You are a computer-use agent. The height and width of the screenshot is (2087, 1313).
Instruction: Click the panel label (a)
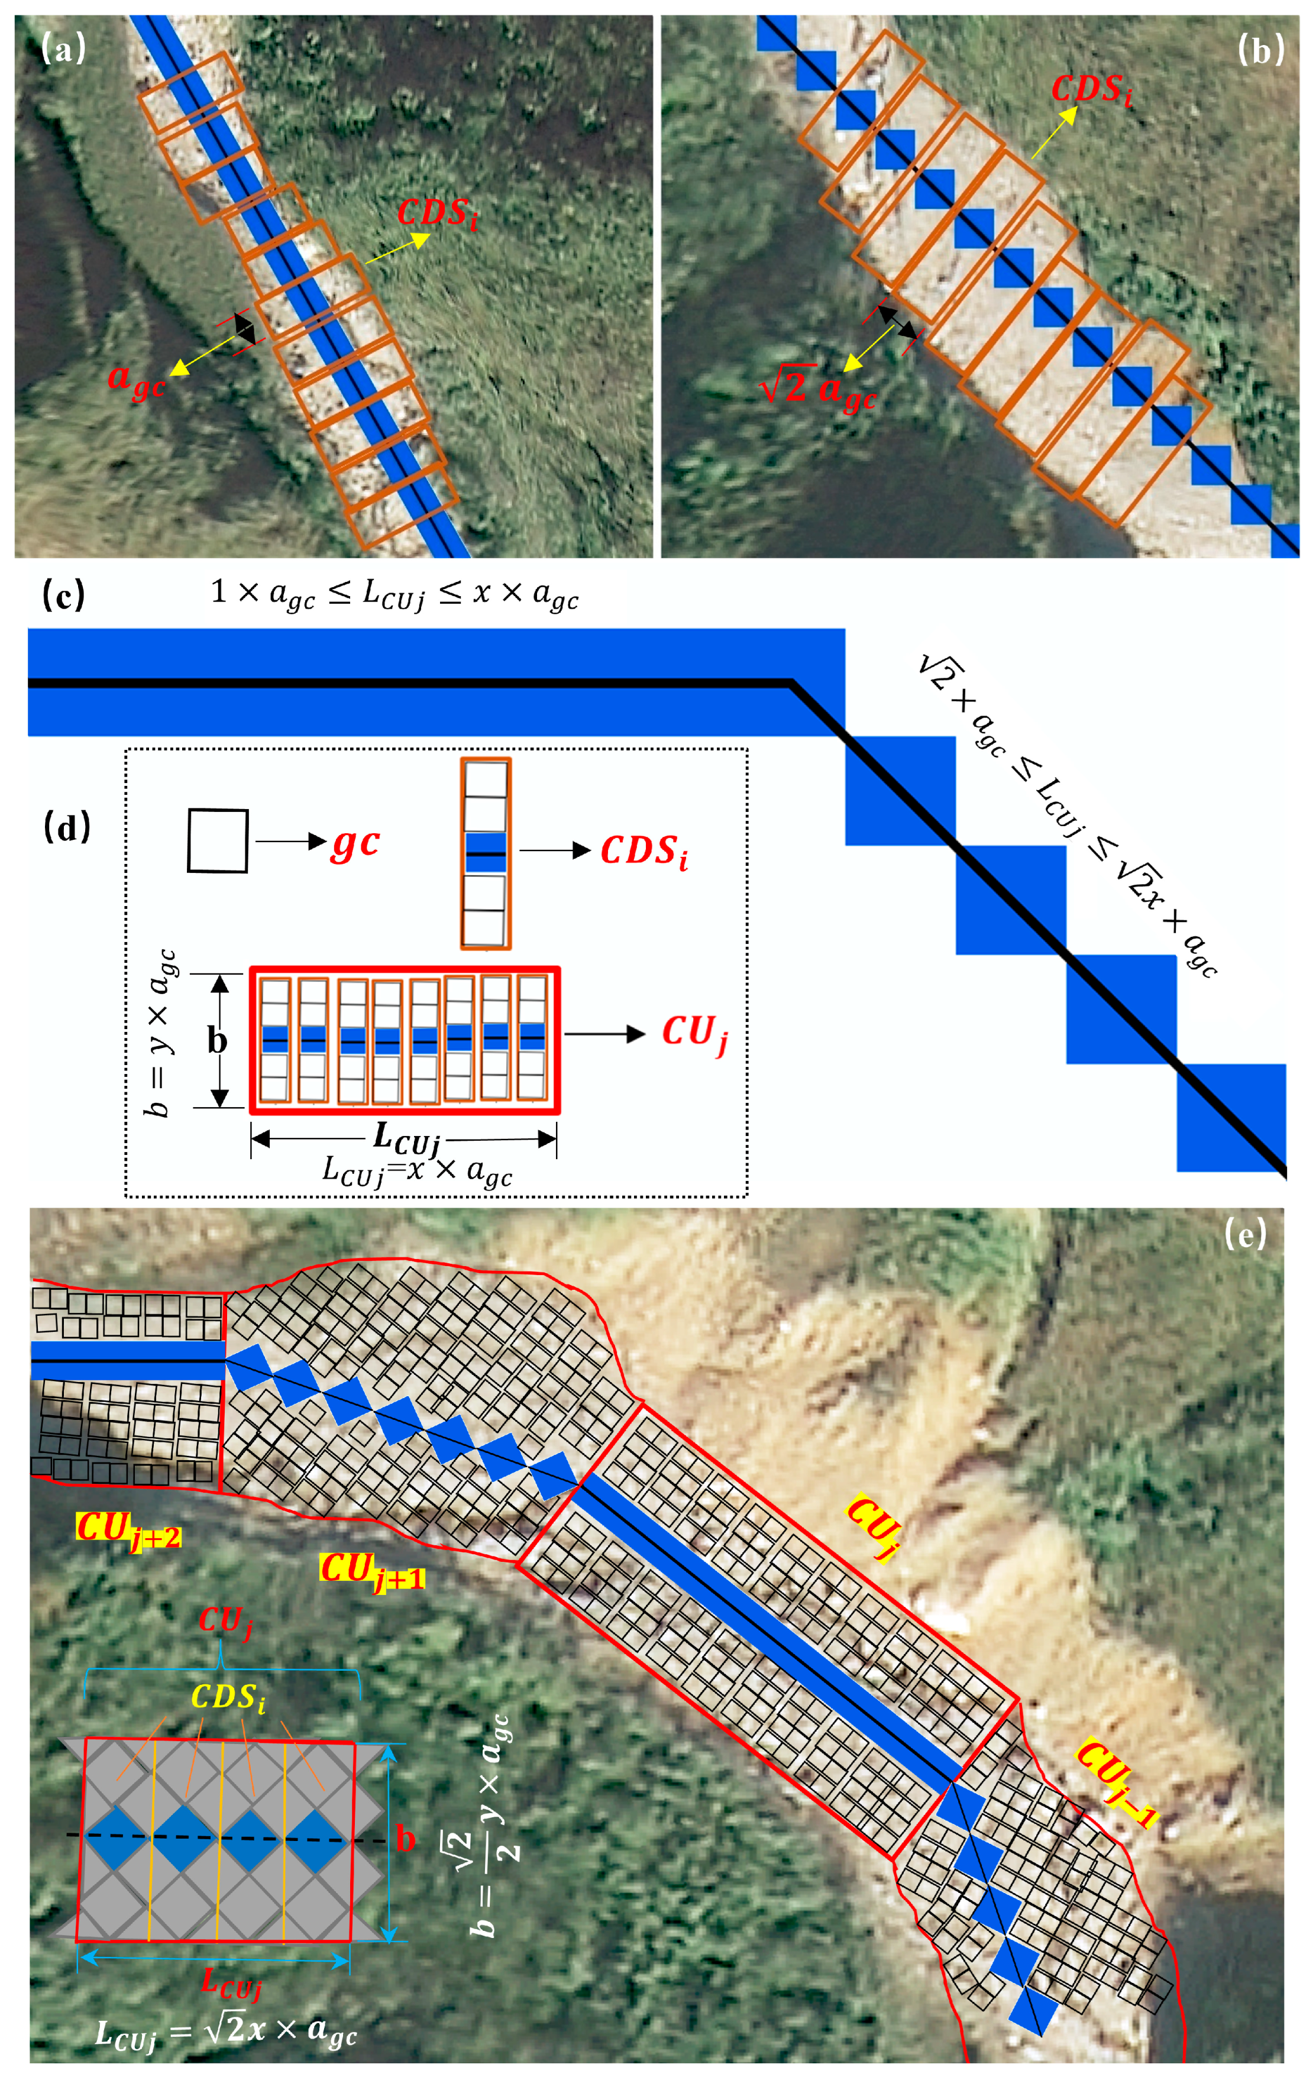coord(63,50)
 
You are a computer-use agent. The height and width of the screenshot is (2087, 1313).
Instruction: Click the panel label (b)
coord(1260,51)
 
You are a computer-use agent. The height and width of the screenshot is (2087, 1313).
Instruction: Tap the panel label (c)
coord(63,596)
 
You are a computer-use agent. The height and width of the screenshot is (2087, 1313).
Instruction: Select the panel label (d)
coord(67,829)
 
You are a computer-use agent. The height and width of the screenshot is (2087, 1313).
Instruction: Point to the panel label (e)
coord(1246,1233)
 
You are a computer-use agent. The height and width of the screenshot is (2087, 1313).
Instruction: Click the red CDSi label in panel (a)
coord(437,214)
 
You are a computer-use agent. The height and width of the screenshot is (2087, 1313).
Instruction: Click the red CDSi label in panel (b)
coord(1091,90)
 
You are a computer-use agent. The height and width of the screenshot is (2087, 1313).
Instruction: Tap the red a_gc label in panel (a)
coord(136,380)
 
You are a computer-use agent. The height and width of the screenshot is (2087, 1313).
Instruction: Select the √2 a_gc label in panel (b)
coord(818,387)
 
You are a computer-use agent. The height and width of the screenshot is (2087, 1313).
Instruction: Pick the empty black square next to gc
coord(218,841)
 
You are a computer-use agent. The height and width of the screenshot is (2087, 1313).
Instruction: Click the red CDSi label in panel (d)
coord(645,852)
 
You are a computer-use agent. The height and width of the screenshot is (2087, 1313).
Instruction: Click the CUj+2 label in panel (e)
coord(129,1528)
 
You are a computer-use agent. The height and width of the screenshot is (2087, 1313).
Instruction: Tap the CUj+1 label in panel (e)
coord(373,1571)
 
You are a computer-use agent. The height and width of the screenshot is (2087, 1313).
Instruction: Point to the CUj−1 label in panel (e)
coord(1117,1784)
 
